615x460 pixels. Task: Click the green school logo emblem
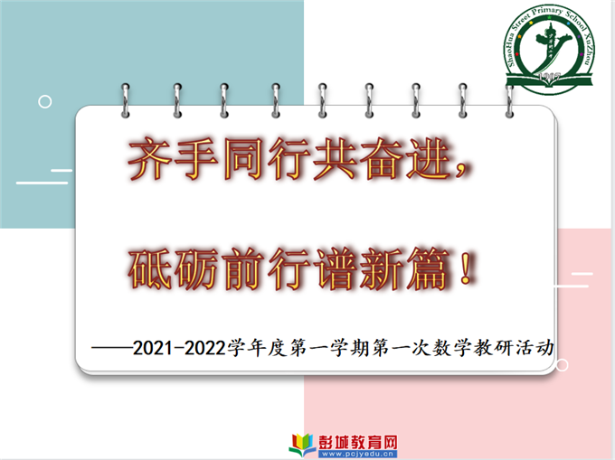550,50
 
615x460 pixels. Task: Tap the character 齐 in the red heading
150,159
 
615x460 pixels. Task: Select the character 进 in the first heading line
429,159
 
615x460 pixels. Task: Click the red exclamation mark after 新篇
466,268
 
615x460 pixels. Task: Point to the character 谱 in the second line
336,269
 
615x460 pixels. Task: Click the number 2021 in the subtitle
153,348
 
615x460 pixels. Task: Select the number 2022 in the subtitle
204,348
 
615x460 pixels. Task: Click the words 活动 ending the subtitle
535,348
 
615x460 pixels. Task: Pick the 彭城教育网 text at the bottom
358,442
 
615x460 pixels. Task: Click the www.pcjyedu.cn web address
358,454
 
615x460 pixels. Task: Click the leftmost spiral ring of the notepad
126,100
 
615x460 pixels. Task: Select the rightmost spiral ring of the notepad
509,100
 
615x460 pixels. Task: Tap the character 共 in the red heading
336,159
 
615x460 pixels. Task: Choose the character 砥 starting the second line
150,269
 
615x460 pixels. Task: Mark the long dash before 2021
112,348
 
